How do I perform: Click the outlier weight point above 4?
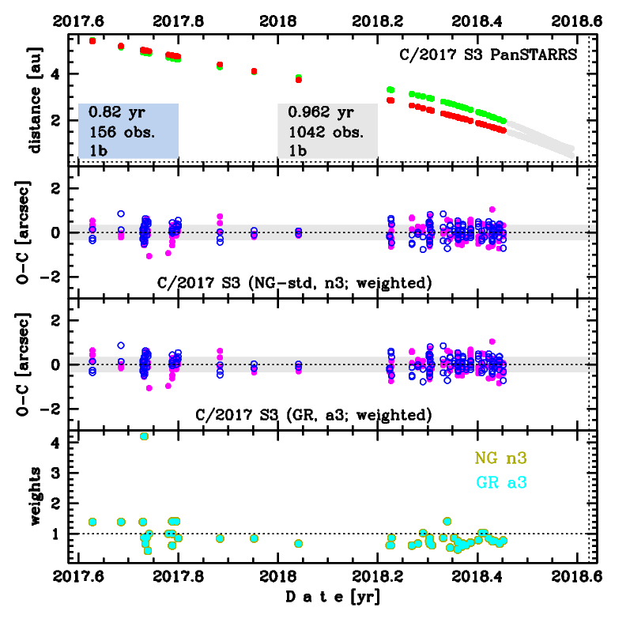[144, 436]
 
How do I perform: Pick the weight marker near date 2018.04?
[298, 544]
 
